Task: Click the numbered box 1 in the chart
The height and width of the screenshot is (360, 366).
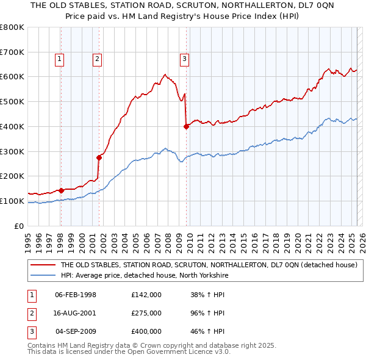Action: coord(59,59)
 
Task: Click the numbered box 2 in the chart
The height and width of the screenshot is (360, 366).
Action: coord(97,59)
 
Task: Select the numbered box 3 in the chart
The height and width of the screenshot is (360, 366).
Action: coord(184,59)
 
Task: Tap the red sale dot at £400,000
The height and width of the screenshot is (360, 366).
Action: coord(186,126)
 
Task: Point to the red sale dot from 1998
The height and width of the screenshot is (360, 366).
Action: coord(61,190)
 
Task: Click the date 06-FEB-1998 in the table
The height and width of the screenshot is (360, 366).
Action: coord(76,295)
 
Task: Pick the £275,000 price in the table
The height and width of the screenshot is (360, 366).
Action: coord(146,313)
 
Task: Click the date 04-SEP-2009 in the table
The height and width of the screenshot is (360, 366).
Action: coord(76,331)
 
